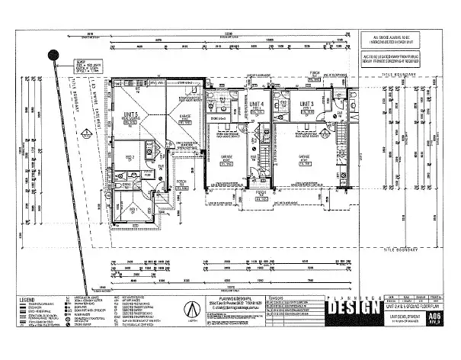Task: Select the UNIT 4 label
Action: point(256,104)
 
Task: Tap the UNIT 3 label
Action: point(307,104)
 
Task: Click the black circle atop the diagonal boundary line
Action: point(53,55)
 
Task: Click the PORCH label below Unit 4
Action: point(260,192)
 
